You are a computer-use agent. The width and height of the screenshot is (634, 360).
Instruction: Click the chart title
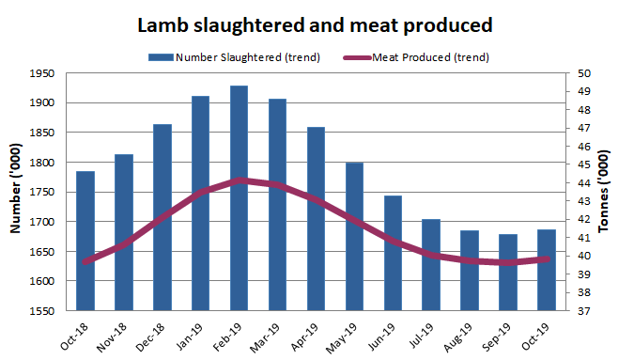coord(317,24)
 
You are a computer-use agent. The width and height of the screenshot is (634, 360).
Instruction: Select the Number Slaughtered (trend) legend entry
coord(235,57)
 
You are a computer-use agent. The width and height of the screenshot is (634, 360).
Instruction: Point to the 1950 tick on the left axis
coord(42,73)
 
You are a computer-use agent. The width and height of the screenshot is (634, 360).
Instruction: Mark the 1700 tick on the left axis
coord(42,222)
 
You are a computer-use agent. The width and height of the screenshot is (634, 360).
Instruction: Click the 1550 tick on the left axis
coord(42,311)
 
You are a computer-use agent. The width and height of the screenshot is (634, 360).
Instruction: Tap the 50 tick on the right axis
coord(583,73)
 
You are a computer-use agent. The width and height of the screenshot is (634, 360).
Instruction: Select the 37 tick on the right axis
coord(583,311)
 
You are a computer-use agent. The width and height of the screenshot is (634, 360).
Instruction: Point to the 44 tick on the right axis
coord(583,183)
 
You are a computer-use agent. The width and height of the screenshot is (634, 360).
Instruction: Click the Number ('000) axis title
coord(16,192)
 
